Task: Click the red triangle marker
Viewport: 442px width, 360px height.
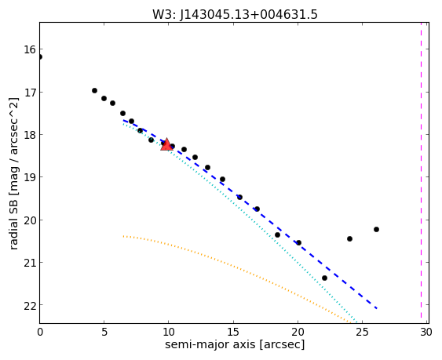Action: [x=166, y=144]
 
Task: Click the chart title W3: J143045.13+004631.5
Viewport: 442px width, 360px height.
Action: [x=235, y=14]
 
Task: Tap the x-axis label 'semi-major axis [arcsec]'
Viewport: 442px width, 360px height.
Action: [x=235, y=344]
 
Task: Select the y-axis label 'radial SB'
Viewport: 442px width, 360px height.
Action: [x=13, y=225]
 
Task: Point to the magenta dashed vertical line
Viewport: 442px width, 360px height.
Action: [x=421, y=173]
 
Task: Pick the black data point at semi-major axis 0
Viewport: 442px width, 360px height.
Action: [x=40, y=57]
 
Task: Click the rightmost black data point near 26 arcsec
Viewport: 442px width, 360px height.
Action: [x=376, y=229]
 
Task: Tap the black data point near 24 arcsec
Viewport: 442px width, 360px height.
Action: [x=350, y=239]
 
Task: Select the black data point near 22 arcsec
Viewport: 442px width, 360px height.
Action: [x=324, y=278]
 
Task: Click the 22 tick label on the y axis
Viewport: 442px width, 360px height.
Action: [x=30, y=305]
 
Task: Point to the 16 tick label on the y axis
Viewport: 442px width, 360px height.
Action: [x=30, y=50]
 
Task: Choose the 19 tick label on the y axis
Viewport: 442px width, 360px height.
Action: [x=30, y=177]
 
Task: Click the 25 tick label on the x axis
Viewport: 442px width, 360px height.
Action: [x=362, y=333]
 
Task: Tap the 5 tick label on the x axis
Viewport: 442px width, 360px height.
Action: [x=104, y=333]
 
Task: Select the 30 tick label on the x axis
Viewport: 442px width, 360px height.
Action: [x=426, y=333]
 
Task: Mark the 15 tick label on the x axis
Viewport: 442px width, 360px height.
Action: [x=233, y=333]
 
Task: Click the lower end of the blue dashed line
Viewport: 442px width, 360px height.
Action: [x=377, y=308]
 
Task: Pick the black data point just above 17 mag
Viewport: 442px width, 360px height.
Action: [x=94, y=91]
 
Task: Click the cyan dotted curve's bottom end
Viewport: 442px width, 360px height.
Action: [x=357, y=323]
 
